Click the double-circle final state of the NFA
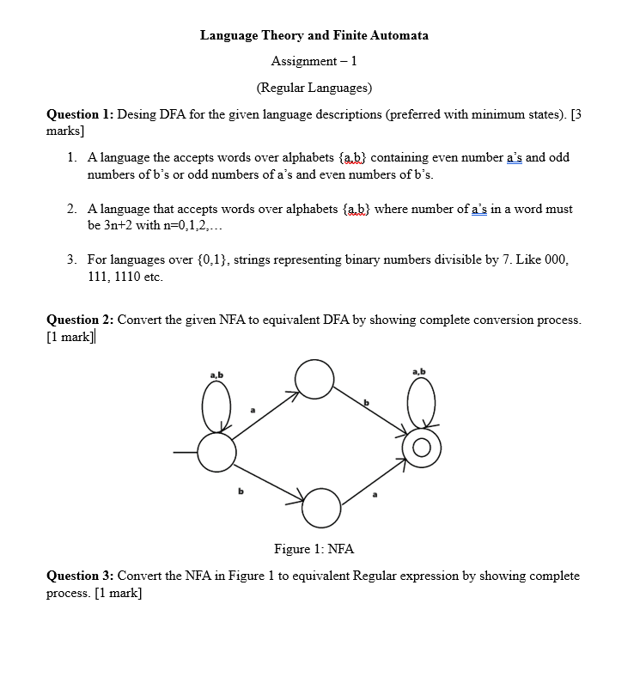[422, 448]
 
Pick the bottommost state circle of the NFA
[321, 507]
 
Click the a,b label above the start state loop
[216, 375]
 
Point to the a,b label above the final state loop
[418, 371]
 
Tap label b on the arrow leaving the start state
[241, 491]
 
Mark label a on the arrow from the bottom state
[375, 495]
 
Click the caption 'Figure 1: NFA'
[314, 549]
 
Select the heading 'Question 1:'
[80, 115]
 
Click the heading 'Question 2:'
[80, 320]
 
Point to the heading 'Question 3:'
[80, 576]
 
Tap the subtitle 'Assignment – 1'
[314, 61]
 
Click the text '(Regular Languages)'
[314, 88]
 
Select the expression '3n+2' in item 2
[113, 224]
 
